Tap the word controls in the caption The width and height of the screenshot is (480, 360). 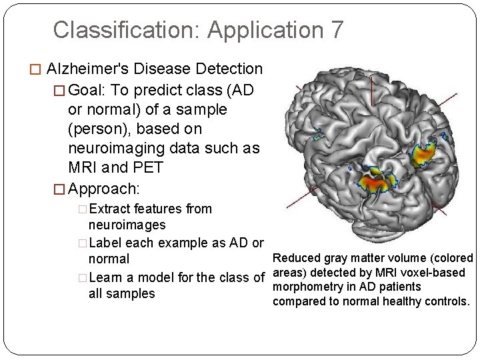[x=446, y=301]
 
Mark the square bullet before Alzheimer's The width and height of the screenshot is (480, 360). [x=38, y=69]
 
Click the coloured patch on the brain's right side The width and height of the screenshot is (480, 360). [x=427, y=154]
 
